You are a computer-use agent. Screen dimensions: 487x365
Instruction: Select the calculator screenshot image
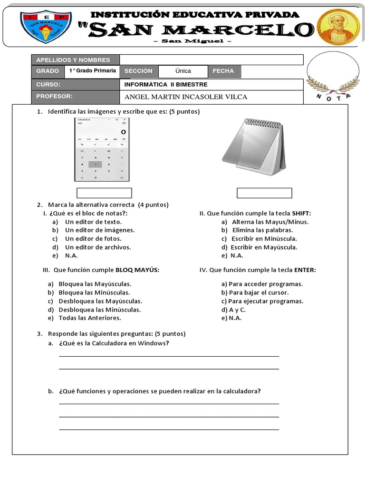click(x=102, y=149)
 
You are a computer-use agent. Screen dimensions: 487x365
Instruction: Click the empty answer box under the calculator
click(x=104, y=193)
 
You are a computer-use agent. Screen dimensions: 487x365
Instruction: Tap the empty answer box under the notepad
click(x=264, y=193)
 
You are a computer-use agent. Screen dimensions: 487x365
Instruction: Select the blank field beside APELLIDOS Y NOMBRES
click(x=211, y=60)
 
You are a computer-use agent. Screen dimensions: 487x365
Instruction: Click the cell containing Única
click(x=183, y=71)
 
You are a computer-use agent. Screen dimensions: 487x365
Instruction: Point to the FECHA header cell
click(x=223, y=71)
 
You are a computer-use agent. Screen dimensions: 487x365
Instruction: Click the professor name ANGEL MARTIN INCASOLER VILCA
click(x=186, y=97)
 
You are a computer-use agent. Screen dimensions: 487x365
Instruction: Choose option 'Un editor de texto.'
click(x=93, y=222)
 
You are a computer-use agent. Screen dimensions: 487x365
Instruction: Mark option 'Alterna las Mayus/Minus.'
click(x=270, y=222)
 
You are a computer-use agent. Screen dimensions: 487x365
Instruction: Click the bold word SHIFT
click(x=301, y=214)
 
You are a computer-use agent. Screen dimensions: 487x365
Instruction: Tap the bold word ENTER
click(x=305, y=270)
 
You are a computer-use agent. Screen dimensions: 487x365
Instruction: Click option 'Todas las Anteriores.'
click(x=89, y=318)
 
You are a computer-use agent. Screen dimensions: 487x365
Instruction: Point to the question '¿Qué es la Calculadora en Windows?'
click(x=114, y=343)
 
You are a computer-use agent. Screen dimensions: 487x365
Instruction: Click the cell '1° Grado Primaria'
click(x=92, y=71)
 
